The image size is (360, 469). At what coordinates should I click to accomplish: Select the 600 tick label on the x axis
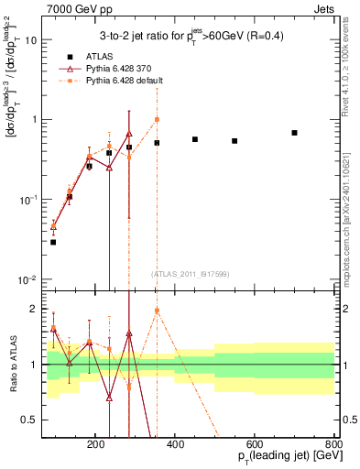coord(256,442)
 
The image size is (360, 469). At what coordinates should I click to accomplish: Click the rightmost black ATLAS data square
coord(294,133)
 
